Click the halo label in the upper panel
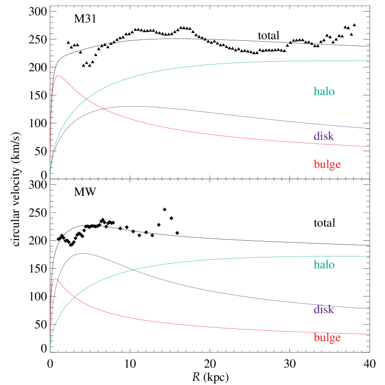click(324, 91)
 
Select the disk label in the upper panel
click(324, 136)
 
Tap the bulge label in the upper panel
click(327, 164)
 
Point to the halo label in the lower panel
click(324, 265)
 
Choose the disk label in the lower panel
click(324, 309)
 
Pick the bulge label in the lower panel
click(327, 338)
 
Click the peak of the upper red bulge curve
click(58, 76)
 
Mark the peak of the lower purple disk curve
click(83, 253)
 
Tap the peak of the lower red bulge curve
click(56, 279)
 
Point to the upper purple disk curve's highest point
click(134, 106)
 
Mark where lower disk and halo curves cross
click(134, 269)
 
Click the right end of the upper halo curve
click(369, 61)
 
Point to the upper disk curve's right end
click(369, 128)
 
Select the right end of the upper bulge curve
click(369, 147)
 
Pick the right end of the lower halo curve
click(369, 256)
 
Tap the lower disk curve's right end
click(369, 308)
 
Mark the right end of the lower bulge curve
click(369, 334)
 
